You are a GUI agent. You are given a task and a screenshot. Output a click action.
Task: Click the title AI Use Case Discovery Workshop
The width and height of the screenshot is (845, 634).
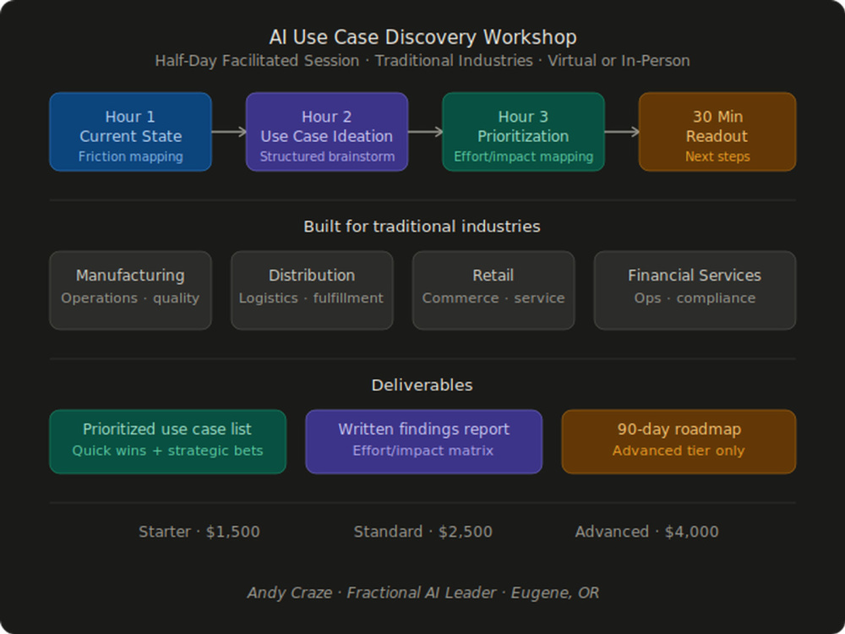coord(422,37)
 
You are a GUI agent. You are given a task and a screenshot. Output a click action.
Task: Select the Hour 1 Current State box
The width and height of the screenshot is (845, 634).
coord(130,132)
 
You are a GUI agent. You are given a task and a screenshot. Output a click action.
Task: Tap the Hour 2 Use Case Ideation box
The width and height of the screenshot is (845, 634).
coord(327,132)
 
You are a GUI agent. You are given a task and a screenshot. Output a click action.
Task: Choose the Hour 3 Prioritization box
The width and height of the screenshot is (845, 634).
coord(523,132)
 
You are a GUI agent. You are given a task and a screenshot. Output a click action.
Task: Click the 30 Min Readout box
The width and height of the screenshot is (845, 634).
coord(717,132)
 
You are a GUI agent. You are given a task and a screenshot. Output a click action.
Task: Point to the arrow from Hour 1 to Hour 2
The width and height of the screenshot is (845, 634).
coord(229,132)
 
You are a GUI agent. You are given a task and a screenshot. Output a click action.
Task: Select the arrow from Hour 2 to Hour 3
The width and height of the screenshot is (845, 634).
coord(425,132)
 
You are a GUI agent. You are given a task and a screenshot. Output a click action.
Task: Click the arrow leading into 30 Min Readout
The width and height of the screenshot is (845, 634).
coord(622,132)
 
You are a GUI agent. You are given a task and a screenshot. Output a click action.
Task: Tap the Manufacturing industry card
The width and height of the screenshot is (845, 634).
coord(130,290)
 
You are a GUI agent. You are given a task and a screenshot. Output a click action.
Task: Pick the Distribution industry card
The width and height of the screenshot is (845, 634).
coord(312,290)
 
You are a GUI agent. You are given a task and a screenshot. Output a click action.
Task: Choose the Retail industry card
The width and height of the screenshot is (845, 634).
coord(493,290)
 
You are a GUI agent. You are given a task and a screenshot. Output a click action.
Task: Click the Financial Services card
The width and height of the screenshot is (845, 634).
coord(695,290)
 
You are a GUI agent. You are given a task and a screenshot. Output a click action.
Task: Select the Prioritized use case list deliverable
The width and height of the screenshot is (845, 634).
coord(167,441)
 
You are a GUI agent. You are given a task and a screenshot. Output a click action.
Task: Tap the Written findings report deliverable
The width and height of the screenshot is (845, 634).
coord(423,441)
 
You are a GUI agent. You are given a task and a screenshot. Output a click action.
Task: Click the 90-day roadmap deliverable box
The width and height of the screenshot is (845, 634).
coord(679,441)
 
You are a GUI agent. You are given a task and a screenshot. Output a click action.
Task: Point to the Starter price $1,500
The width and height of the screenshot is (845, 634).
coord(233,532)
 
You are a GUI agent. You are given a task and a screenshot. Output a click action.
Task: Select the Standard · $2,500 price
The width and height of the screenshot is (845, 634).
coord(423,532)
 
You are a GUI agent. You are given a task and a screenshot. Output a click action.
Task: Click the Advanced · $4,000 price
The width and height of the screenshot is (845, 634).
coord(646,532)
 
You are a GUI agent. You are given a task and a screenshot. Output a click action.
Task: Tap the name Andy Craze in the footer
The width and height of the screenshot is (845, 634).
coord(289,593)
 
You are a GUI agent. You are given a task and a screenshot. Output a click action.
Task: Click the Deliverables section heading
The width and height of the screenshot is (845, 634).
coord(422,385)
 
